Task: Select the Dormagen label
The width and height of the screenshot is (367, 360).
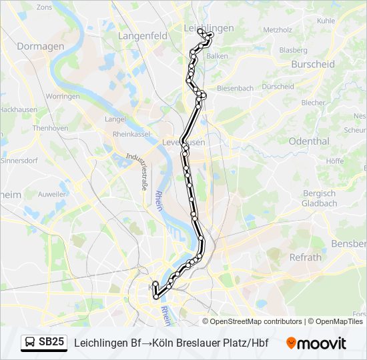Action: coord(40,47)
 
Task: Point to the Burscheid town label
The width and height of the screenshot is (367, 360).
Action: coord(312,65)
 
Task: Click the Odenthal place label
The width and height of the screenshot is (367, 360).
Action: coord(309,141)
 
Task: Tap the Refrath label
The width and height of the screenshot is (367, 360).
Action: coord(305,257)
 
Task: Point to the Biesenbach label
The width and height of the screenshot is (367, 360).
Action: coord(235,88)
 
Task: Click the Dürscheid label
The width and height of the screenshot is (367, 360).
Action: coord(278,87)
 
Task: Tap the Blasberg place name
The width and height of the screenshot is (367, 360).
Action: coord(293,50)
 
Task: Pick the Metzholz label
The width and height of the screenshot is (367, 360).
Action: coord(278,30)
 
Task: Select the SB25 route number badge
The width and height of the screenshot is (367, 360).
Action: coord(51,342)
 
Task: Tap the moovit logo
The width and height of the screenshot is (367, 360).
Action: coord(316,343)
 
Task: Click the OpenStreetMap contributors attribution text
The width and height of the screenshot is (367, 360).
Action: coord(256,321)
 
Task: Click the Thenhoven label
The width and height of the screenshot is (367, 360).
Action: coord(50,128)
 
